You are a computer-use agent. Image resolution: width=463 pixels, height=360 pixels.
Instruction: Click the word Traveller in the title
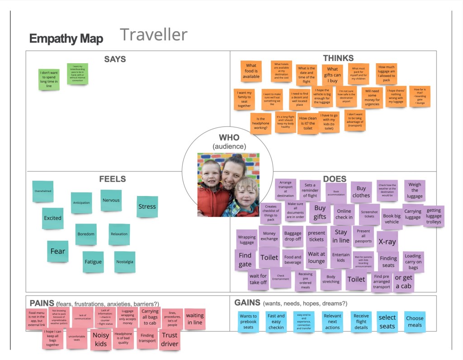coord(154,35)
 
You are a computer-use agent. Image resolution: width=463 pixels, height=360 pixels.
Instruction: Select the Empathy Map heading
coord(66,39)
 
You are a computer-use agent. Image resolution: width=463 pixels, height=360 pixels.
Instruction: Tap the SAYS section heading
coord(115,59)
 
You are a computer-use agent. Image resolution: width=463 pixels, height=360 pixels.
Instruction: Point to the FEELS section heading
coord(112,179)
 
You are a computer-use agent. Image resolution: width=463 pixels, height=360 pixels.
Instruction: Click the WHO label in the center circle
coord(229,137)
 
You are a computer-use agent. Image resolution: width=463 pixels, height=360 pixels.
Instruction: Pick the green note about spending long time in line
coord(49,79)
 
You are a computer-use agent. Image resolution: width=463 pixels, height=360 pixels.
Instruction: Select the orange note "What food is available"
coord(251,71)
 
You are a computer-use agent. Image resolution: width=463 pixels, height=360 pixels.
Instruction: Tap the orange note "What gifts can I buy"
coord(332,75)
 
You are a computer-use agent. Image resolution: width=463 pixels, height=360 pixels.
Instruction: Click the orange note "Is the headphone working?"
coord(260,123)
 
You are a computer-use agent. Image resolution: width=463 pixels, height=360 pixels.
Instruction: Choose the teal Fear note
coord(58,251)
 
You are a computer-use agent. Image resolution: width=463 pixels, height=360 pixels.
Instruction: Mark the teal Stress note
coord(147,207)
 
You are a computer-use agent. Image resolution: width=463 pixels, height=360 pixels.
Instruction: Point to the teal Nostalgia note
coord(124,262)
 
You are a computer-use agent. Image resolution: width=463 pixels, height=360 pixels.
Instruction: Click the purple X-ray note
coord(387,242)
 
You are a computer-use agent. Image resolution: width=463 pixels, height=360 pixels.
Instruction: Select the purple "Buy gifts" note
coord(320,212)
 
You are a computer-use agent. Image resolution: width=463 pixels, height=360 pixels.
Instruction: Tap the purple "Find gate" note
coord(245,260)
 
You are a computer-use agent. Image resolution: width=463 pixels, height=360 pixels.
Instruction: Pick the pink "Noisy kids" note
coord(101,340)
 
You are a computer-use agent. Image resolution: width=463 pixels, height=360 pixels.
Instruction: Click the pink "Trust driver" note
coord(170,340)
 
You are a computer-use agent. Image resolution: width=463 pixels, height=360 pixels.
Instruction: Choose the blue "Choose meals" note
coord(415,322)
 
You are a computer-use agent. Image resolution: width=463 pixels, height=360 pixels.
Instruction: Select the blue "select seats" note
coord(387,322)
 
